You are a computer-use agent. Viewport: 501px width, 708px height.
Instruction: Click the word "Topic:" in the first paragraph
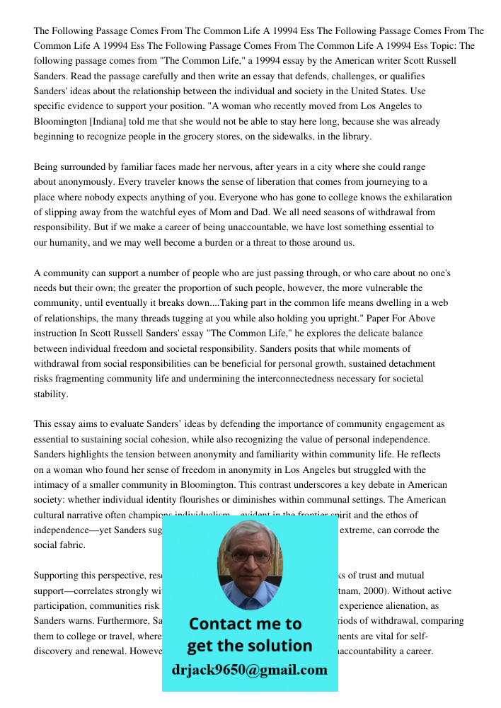coord(438,46)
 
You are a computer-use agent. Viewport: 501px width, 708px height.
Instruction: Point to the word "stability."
coord(51,394)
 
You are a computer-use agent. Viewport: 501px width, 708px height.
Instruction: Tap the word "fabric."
coord(49,545)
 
